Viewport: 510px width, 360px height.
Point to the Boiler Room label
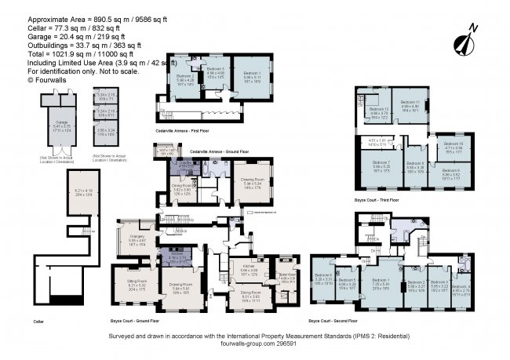pos(285,276)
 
